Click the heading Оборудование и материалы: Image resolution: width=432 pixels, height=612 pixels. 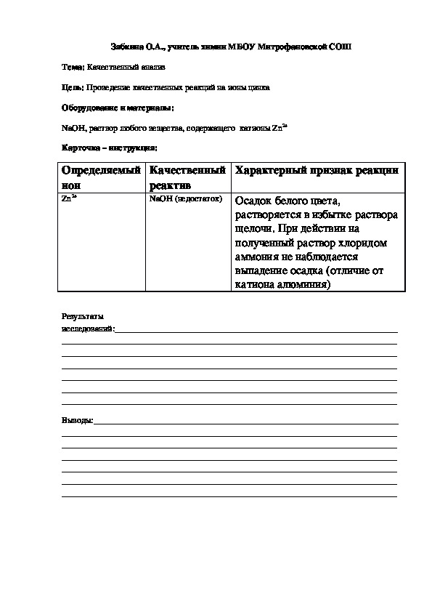[x=118, y=108]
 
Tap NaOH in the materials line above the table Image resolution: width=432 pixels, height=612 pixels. [x=72, y=128]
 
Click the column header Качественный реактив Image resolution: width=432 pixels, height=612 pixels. [x=187, y=177]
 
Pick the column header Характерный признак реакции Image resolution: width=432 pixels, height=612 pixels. [x=316, y=170]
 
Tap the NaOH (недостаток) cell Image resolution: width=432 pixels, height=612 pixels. [x=184, y=198]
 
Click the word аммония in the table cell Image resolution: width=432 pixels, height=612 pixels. [x=257, y=257]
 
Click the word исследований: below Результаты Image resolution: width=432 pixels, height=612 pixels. [x=89, y=329]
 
